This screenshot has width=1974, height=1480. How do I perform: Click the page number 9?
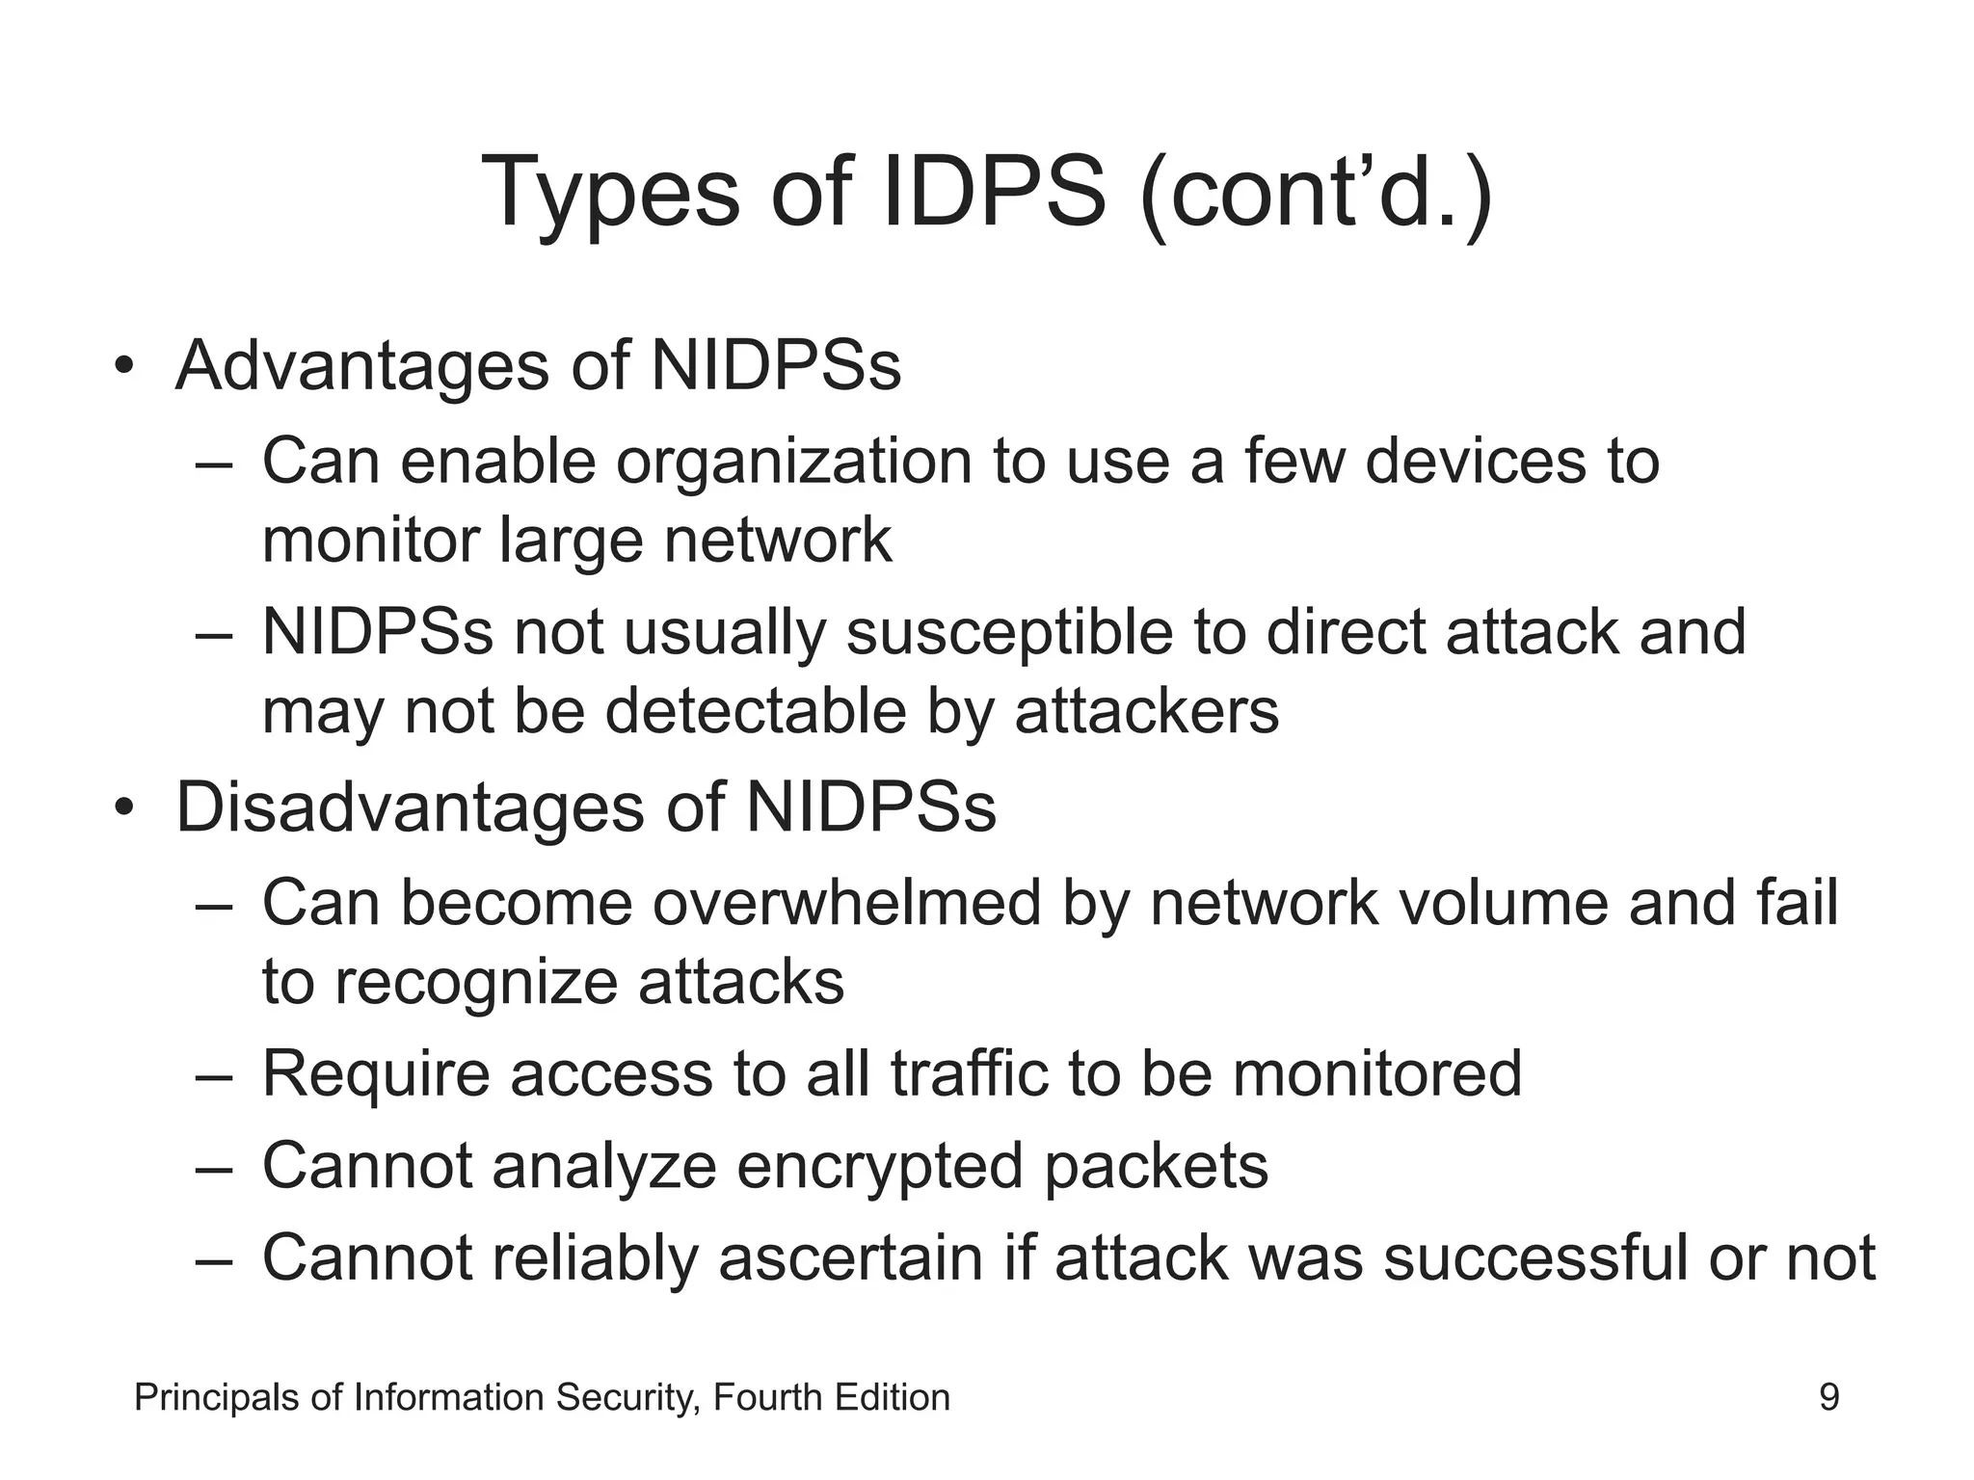(1828, 1397)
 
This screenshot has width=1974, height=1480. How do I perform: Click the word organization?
(793, 462)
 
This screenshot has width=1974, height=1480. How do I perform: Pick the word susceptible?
(1009, 633)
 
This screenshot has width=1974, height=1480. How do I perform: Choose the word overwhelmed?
(847, 903)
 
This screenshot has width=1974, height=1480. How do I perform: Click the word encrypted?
(881, 1167)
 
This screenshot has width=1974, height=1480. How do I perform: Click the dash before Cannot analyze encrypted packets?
(213, 1169)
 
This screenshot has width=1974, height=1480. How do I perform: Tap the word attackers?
(1146, 712)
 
